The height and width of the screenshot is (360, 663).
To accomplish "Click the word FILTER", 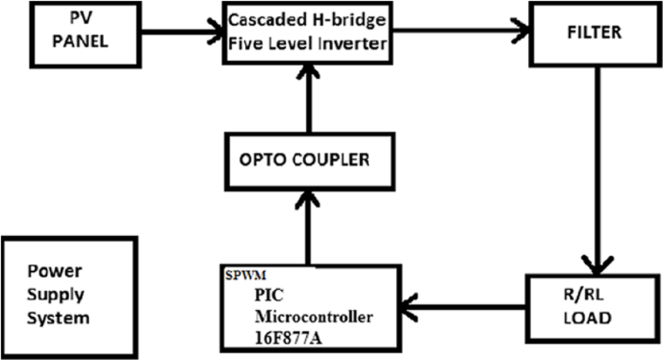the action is (x=594, y=33).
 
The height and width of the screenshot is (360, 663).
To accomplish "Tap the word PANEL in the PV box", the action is (x=80, y=41).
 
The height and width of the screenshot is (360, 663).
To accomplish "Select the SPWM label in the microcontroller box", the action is (x=246, y=275).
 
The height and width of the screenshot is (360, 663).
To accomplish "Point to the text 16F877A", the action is (x=289, y=339).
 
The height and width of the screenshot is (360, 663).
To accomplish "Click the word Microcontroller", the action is (x=314, y=316).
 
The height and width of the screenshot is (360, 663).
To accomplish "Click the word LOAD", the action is (x=588, y=318).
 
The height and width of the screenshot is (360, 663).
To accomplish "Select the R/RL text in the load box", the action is (x=583, y=295).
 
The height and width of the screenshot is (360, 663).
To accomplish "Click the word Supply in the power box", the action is (x=56, y=295).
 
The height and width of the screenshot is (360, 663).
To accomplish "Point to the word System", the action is (x=58, y=318).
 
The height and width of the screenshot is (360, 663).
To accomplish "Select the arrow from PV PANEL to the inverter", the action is (x=182, y=31).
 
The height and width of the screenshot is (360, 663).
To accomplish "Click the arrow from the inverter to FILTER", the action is (x=461, y=30).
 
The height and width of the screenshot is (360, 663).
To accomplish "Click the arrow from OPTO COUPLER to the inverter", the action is (x=309, y=99).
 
